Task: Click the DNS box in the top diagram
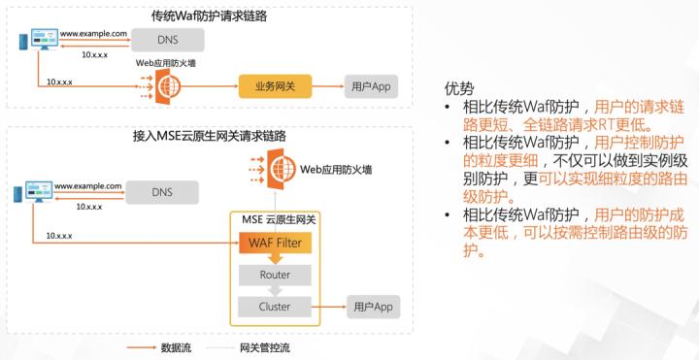[166, 40]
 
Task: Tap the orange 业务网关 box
[282, 87]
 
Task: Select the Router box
[274, 275]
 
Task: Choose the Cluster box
[274, 308]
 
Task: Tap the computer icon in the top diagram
[41, 42]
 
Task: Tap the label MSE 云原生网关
[275, 219]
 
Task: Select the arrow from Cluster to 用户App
[332, 308]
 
